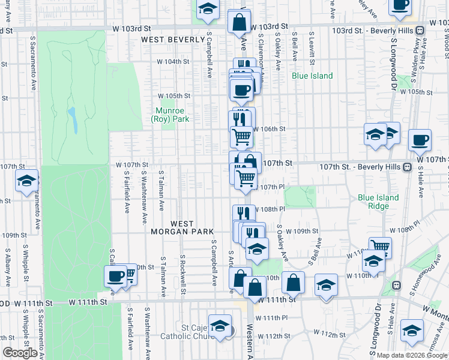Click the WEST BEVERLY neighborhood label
(173, 40)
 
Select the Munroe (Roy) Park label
(172, 115)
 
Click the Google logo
(20, 353)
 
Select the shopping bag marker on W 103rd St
(240, 23)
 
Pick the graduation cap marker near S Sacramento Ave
(27, 181)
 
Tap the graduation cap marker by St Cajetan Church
(220, 326)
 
